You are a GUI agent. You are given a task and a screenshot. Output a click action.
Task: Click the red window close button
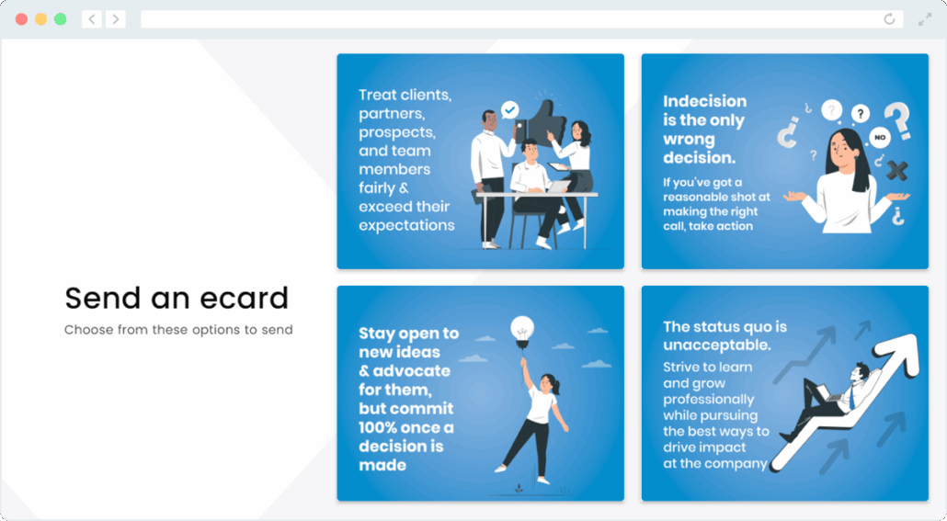click(21, 19)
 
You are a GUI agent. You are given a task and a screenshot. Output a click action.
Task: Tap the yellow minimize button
click(40, 19)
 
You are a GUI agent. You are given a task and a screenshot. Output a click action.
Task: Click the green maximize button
click(61, 19)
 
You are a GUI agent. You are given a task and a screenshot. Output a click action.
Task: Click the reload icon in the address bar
click(889, 19)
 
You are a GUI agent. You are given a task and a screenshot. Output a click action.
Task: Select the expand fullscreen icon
click(925, 19)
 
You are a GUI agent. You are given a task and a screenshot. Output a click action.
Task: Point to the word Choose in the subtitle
click(89, 330)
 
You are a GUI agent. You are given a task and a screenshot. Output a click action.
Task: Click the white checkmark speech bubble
click(509, 110)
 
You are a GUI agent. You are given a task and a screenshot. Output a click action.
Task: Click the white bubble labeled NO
click(879, 138)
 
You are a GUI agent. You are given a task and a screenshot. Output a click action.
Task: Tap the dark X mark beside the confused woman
click(896, 170)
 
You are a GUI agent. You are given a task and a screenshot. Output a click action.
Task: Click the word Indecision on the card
click(705, 101)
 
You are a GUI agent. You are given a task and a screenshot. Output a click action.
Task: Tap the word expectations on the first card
click(406, 225)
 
